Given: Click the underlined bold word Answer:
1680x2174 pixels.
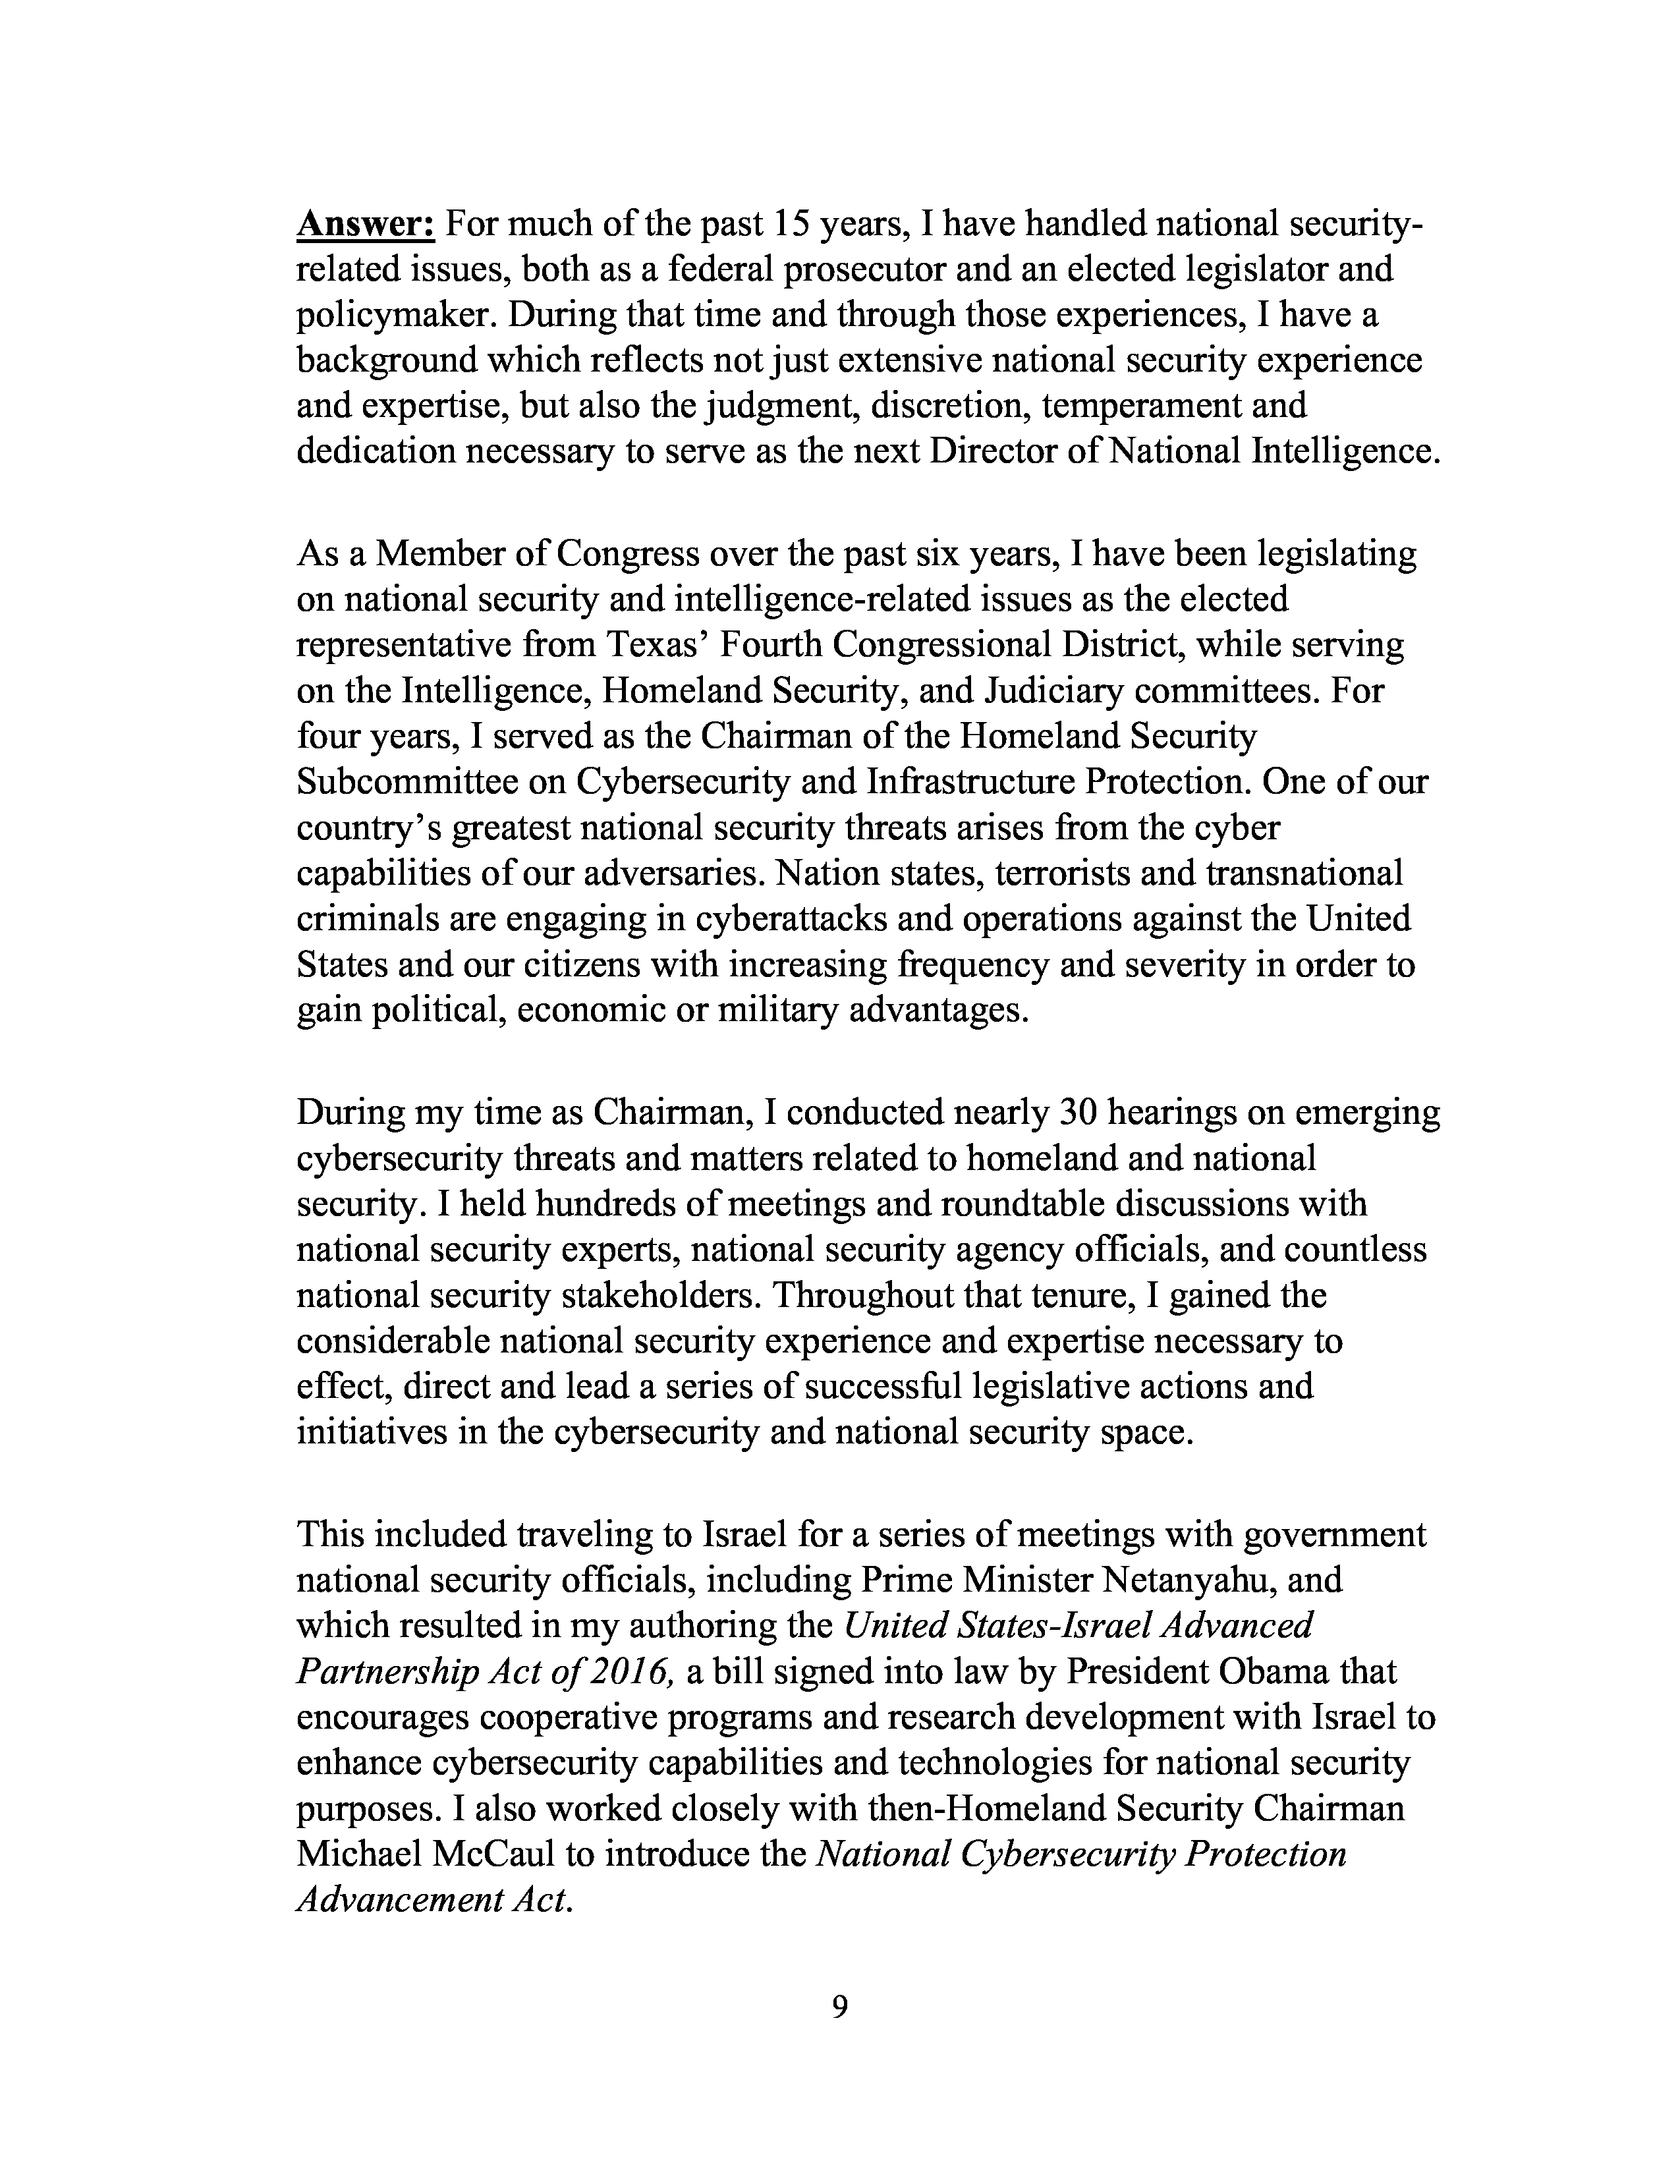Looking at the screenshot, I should point(365,225).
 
